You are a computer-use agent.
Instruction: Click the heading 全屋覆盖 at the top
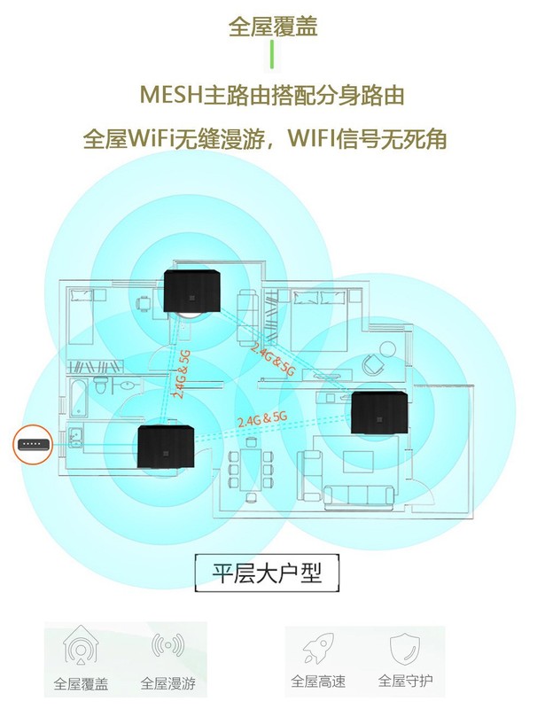[272, 27]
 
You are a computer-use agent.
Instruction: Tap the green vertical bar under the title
[272, 55]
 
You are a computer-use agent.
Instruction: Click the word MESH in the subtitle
[172, 94]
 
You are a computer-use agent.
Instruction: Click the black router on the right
[379, 412]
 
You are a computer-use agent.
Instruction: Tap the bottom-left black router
[165, 447]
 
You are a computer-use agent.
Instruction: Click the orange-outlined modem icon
[31, 443]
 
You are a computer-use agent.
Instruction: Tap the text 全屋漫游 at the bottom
[167, 684]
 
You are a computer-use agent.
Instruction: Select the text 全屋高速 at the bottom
[317, 682]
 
